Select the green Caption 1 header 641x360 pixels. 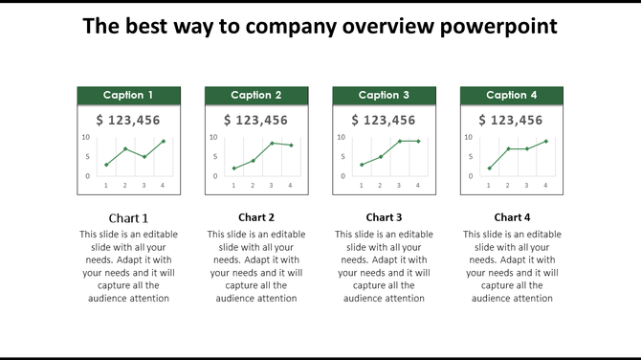point(128,95)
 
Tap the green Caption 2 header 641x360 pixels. point(256,95)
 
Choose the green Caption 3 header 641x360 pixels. point(384,95)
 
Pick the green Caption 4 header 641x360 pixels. point(512,95)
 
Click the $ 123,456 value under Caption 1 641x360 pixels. point(128,120)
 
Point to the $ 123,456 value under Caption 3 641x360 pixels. point(384,120)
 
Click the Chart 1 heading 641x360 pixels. point(128,217)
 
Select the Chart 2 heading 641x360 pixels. point(256,217)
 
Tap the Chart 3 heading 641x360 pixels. point(384,217)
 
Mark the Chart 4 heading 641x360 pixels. point(512,217)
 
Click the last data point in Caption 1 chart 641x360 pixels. point(163,142)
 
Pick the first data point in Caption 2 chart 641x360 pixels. point(233,169)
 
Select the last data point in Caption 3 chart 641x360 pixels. point(418,141)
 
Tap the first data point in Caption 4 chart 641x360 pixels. point(489,169)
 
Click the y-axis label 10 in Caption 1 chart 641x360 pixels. point(86,137)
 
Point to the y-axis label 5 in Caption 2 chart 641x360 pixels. point(215,157)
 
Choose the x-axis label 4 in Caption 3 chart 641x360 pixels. point(418,185)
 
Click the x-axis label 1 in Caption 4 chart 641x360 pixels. point(489,185)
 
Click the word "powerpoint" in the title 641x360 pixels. point(498,27)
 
